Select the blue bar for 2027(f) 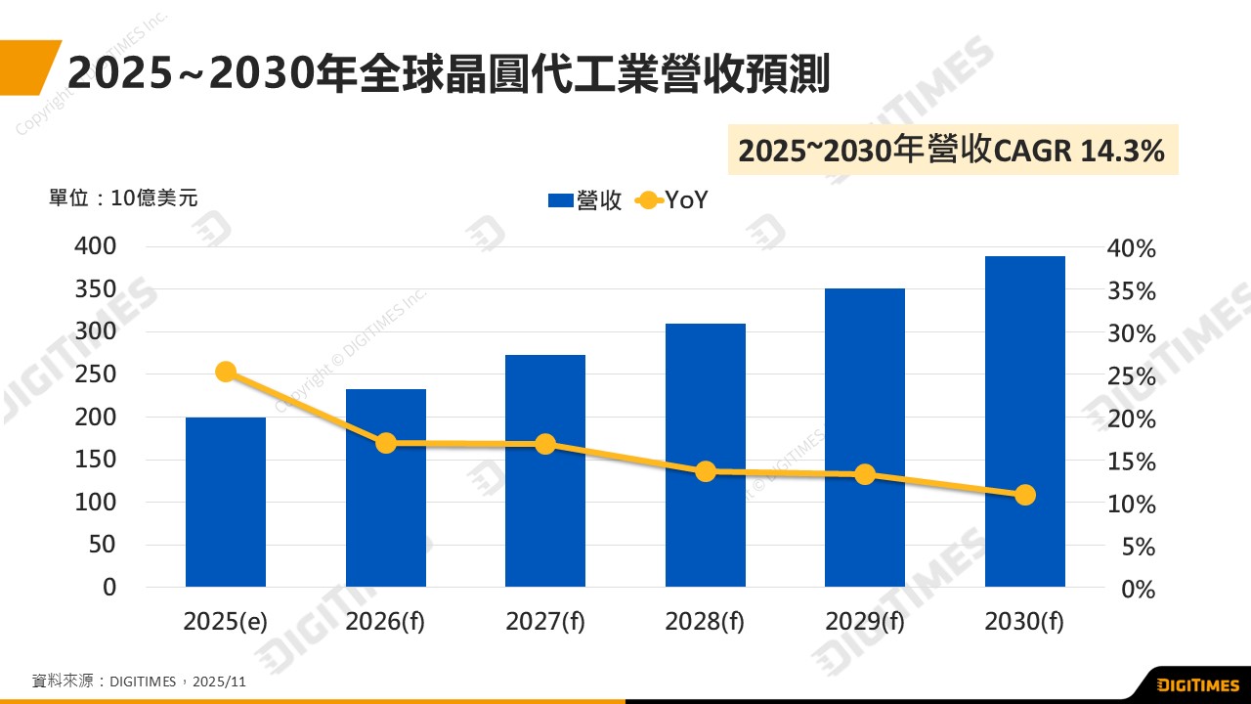coord(545,470)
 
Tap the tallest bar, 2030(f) coord(1024,421)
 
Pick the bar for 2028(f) coord(705,455)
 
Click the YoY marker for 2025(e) coord(226,372)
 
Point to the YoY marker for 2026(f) coord(386,443)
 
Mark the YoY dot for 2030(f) coord(1024,495)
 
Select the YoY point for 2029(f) coord(865,474)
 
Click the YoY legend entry coord(672,200)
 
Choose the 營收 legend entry coord(585,200)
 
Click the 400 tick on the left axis coord(96,246)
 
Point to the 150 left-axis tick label coord(96,460)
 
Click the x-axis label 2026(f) coord(386,622)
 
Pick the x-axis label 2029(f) coord(865,622)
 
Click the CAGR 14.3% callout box coord(952,151)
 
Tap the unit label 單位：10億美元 coord(123,198)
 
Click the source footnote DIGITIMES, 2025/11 coord(139,681)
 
